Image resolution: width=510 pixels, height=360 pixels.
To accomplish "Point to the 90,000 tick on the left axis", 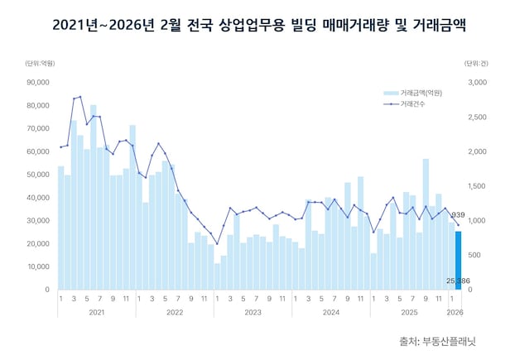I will (39, 83).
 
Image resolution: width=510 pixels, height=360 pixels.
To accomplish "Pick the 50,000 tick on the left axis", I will (39, 175).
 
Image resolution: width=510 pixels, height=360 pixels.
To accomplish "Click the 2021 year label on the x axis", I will (96, 312).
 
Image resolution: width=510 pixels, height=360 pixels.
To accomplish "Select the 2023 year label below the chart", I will (253, 312).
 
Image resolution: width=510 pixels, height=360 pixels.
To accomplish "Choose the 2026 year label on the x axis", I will (455, 312).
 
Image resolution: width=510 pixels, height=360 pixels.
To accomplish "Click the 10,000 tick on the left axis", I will (39, 267).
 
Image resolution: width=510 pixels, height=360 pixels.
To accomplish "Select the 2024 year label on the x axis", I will (331, 312).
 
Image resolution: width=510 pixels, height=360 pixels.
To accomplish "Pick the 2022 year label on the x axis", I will (175, 312).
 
